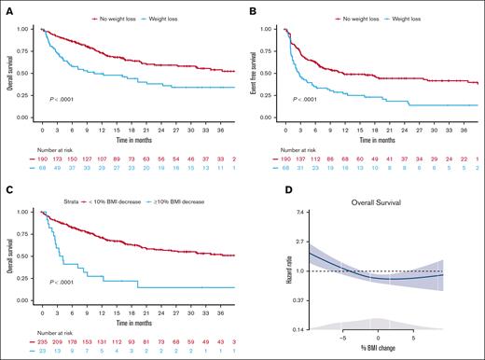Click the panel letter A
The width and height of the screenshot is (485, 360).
click(7, 7)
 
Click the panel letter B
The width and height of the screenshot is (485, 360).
click(253, 7)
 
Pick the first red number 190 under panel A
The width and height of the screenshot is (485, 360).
click(43, 160)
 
